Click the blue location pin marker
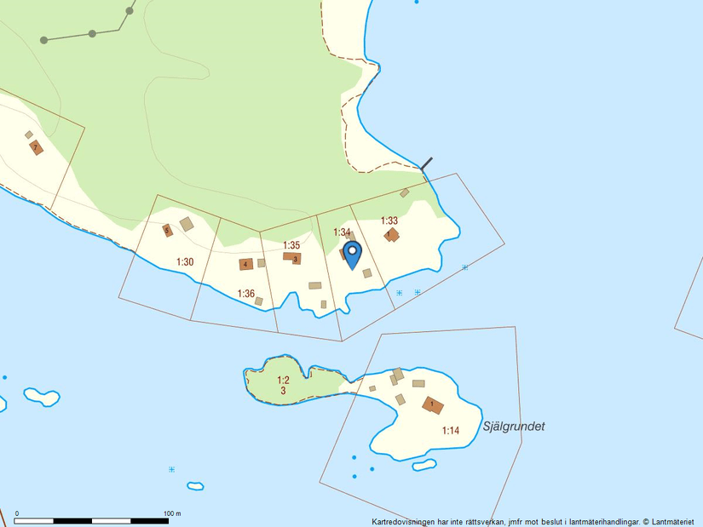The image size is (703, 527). pyautogui.click(x=352, y=255)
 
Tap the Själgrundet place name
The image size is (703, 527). pyautogui.click(x=513, y=427)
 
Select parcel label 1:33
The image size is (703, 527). pyautogui.click(x=389, y=221)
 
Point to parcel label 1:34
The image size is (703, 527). pyautogui.click(x=342, y=232)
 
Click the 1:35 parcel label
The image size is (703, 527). pyautogui.click(x=291, y=245)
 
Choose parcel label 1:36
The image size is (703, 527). pyautogui.click(x=245, y=294)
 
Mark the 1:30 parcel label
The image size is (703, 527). pyautogui.click(x=185, y=262)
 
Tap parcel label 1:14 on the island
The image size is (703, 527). pyautogui.click(x=451, y=431)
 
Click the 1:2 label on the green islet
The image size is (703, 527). pyautogui.click(x=284, y=380)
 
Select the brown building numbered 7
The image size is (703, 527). pyautogui.click(x=35, y=147)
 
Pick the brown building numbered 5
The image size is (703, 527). pyautogui.click(x=167, y=229)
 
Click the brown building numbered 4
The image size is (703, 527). pyautogui.click(x=245, y=265)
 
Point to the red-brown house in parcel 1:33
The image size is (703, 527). pyautogui.click(x=391, y=234)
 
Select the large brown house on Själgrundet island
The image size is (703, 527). pyautogui.click(x=433, y=404)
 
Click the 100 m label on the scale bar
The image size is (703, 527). pyautogui.click(x=172, y=513)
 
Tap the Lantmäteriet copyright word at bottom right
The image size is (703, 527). pyautogui.click(x=673, y=521)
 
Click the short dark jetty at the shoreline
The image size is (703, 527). pyautogui.click(x=427, y=163)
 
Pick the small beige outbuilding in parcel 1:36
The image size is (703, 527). pyautogui.click(x=259, y=301)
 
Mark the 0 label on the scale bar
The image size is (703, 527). pyautogui.click(x=18, y=513)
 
